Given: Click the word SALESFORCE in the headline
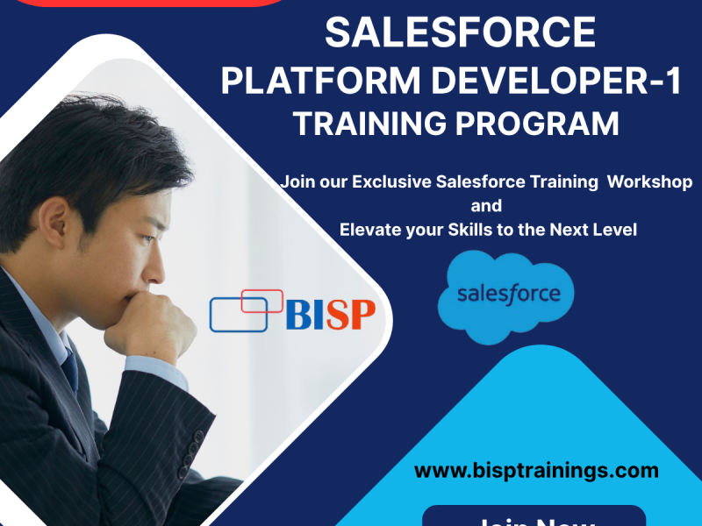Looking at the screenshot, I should coord(460,33).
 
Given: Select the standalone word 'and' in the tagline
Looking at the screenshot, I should coord(486,206).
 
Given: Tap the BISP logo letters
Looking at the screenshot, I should coord(330,314).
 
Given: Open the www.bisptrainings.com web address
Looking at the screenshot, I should coord(536,471).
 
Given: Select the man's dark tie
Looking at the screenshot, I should coord(69,369).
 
